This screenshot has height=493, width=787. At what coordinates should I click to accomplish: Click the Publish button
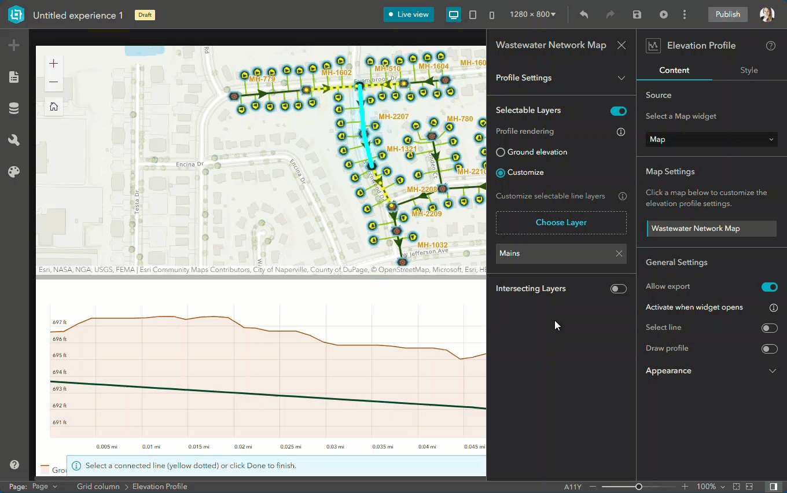(x=727, y=14)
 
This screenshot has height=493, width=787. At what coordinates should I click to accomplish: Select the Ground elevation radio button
(x=501, y=152)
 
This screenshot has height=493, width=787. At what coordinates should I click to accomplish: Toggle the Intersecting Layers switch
(x=618, y=289)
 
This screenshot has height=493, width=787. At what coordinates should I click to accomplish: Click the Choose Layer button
(x=561, y=223)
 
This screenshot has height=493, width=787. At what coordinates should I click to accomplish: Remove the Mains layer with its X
(x=619, y=253)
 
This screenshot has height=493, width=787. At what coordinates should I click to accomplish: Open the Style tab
(x=748, y=70)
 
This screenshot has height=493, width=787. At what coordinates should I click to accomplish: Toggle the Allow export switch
(x=769, y=287)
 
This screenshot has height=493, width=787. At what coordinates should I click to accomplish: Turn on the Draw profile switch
(x=769, y=349)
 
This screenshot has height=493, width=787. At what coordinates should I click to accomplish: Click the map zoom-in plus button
(x=54, y=63)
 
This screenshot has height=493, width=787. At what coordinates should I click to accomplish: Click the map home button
(x=54, y=106)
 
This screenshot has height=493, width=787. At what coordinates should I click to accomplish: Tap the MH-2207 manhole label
(x=394, y=117)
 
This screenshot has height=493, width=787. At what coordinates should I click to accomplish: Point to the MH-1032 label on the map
(x=432, y=245)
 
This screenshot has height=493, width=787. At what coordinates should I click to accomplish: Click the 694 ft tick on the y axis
(x=60, y=372)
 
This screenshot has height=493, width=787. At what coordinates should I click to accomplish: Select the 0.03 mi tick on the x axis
(x=334, y=447)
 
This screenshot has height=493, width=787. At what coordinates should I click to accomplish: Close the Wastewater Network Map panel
(x=621, y=45)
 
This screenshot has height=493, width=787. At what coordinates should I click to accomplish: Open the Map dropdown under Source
(x=711, y=139)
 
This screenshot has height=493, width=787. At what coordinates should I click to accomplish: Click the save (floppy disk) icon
(x=637, y=14)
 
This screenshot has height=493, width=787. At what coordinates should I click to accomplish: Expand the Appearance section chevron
(x=772, y=371)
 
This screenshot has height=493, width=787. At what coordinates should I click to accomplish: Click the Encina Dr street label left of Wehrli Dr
(x=190, y=164)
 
